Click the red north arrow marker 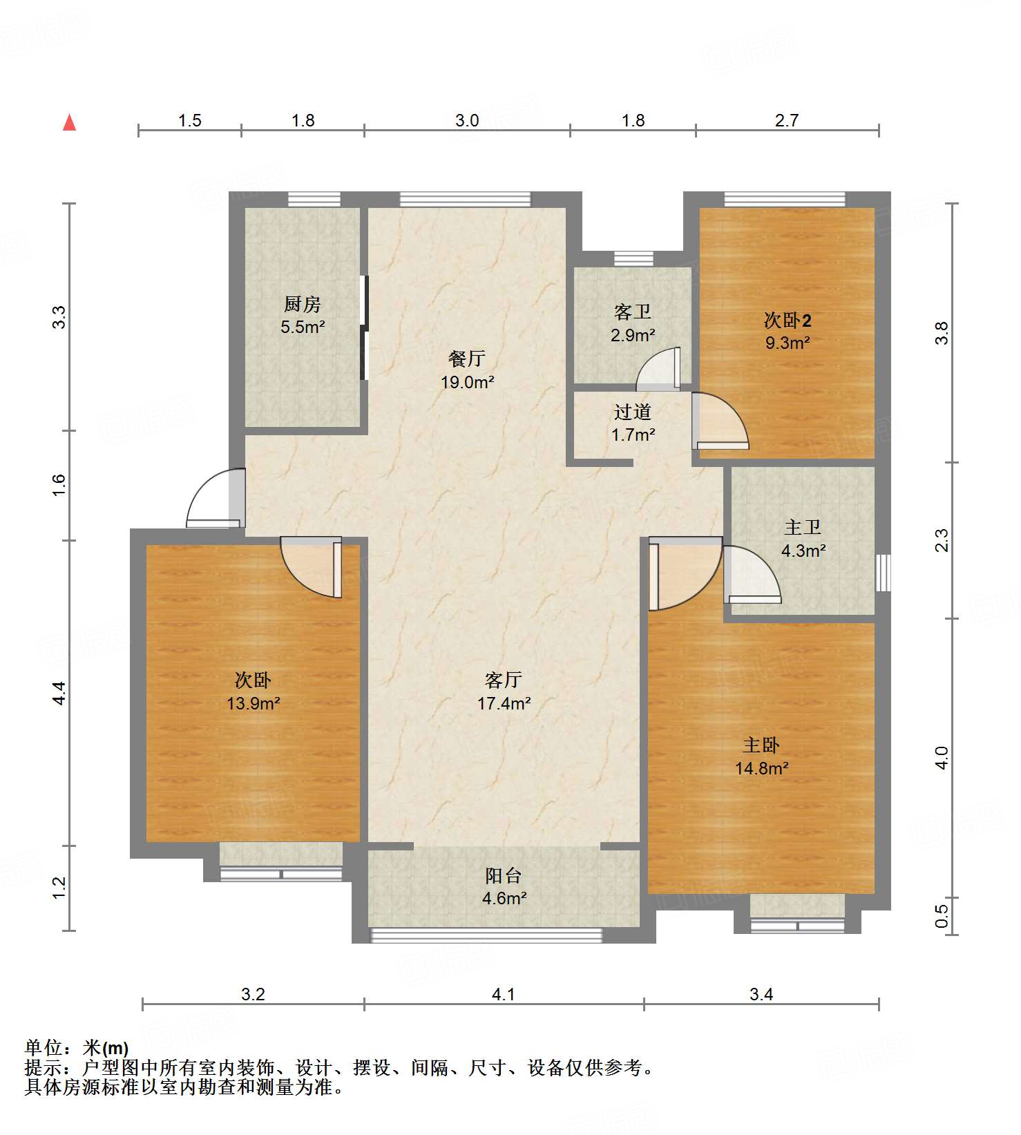[69, 122]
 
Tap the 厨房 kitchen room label [303, 304]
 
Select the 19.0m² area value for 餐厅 [468, 382]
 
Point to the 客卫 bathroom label [633, 312]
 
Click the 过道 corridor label [633, 412]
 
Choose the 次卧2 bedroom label [788, 320]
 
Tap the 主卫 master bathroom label [803, 528]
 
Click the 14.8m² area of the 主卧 [762, 768]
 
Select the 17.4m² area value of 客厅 [504, 704]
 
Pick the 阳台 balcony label [503, 876]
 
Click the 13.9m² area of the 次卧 [254, 704]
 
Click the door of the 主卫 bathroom [752, 574]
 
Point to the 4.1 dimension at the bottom [504, 994]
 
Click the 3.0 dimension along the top [467, 120]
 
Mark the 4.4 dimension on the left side [59, 693]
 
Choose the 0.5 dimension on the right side [942, 917]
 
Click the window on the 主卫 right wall [883, 572]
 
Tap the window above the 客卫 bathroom [633, 259]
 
